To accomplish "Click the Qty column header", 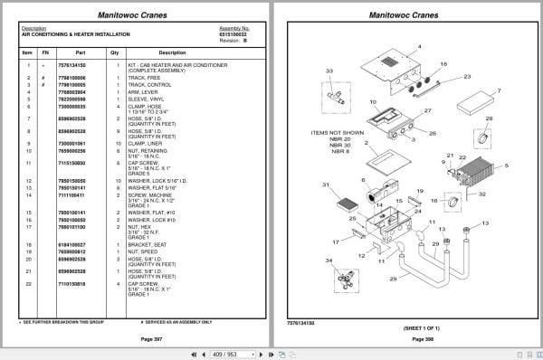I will click(x=115, y=52).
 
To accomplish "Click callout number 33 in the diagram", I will click(x=329, y=71).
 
